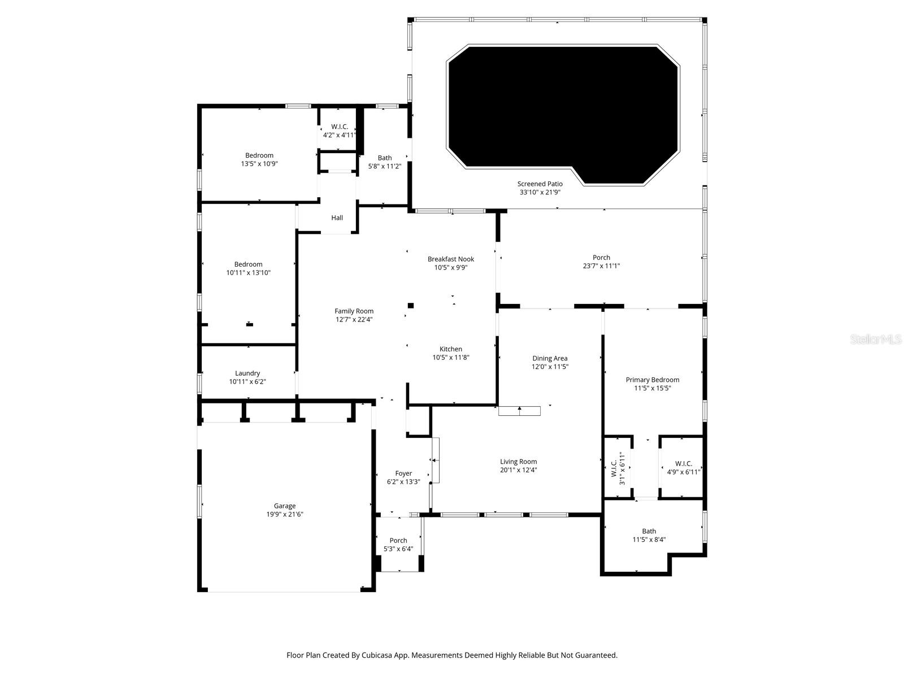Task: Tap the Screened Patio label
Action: [540, 184]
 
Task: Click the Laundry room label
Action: [247, 373]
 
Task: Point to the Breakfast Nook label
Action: [450, 259]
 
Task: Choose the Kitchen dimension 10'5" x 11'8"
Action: [450, 358]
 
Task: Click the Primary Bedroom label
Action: [652, 380]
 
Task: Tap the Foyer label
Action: [403, 473]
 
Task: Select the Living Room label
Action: [518, 462]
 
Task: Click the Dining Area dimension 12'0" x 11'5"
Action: [549, 367]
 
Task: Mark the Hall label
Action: [337, 218]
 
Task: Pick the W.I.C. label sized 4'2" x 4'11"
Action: [339, 127]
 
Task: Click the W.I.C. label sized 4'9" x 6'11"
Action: [683, 463]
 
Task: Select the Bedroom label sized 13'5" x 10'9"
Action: [259, 155]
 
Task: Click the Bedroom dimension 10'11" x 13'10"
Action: [249, 273]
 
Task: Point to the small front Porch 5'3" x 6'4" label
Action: [398, 540]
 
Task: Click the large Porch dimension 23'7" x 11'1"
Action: [601, 266]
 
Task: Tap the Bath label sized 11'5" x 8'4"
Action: [649, 531]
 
